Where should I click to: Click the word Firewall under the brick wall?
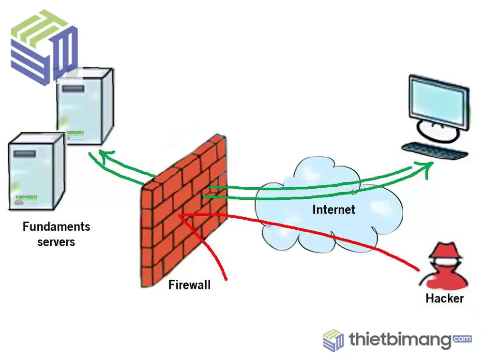click(189, 285)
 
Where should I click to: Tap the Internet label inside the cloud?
click(333, 210)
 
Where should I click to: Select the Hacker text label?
click(444, 299)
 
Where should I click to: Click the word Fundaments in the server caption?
click(56, 226)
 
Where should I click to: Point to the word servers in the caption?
click(56, 241)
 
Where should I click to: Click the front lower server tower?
click(36, 172)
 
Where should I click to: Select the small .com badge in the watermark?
click(463, 339)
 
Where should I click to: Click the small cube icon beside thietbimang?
click(333, 340)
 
